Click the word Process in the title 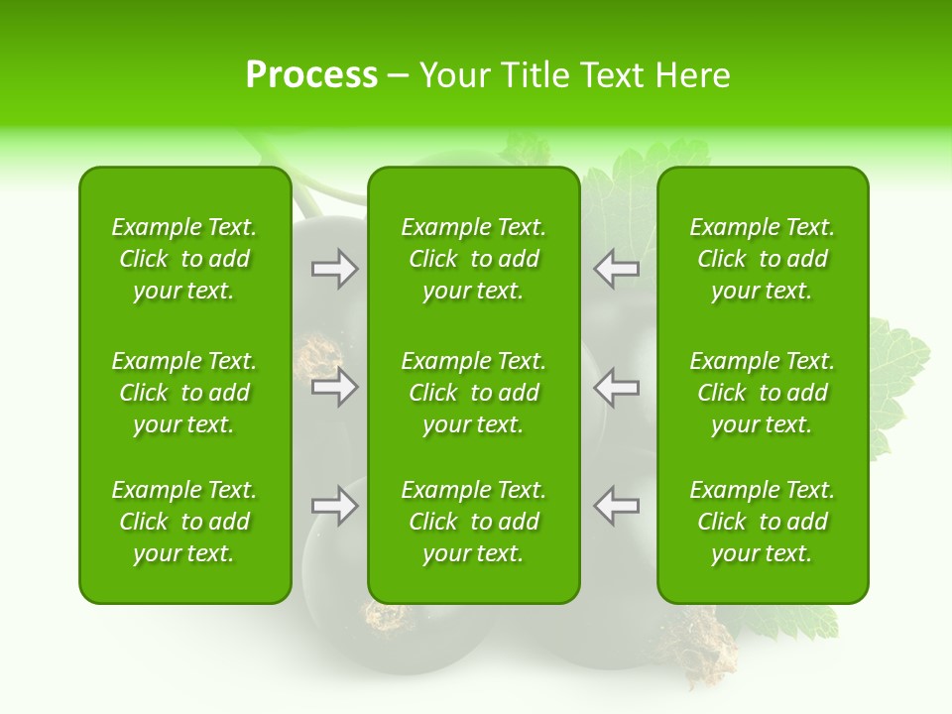click(x=311, y=75)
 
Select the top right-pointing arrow click(x=335, y=268)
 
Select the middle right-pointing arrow click(x=335, y=387)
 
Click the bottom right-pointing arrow click(x=335, y=506)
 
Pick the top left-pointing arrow click(x=616, y=268)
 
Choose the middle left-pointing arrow click(x=616, y=387)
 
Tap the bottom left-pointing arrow click(x=616, y=506)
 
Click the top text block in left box click(x=184, y=259)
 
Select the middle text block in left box click(x=184, y=393)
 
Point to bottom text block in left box click(x=184, y=522)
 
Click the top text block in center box click(x=473, y=259)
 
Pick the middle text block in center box click(x=473, y=393)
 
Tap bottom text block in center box click(x=473, y=522)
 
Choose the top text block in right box click(x=762, y=259)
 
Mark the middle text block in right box click(x=762, y=393)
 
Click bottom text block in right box click(x=762, y=522)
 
